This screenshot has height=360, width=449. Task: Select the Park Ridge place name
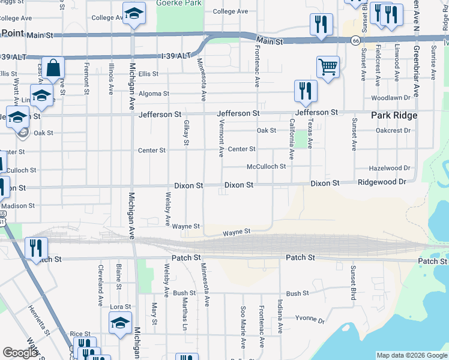point(393,115)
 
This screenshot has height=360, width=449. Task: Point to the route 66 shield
point(356,40)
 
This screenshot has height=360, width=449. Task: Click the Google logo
point(20,353)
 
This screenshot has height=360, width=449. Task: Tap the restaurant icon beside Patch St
point(36,248)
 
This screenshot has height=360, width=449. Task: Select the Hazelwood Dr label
point(390,169)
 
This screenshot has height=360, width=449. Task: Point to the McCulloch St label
point(266,166)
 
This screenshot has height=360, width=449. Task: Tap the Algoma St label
point(153,94)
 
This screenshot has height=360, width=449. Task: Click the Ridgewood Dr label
point(382,181)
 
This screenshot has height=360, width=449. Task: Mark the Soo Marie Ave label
point(243,334)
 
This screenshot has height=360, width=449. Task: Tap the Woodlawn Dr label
point(390,97)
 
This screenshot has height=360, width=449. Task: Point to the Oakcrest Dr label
point(393,130)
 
